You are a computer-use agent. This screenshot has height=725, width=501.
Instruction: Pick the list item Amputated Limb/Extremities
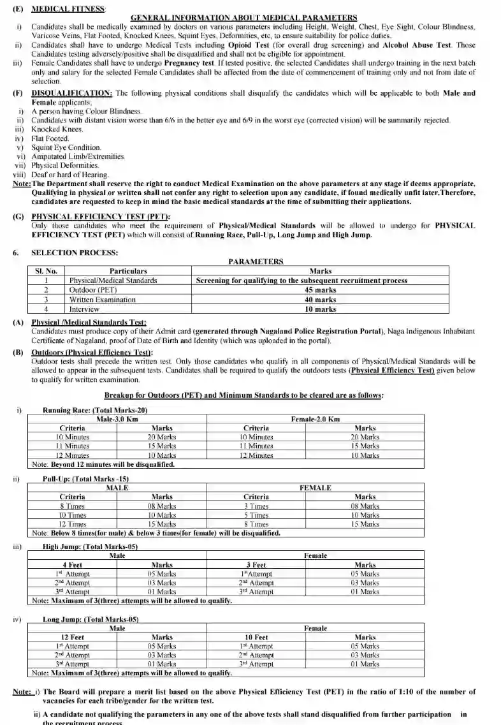click(78, 156)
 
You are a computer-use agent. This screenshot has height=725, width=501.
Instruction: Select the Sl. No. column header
click(46, 271)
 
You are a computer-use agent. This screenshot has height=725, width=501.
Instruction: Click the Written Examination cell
click(103, 299)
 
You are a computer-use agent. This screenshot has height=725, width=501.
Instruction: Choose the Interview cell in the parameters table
click(84, 309)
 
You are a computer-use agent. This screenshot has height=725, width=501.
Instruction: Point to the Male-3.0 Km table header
click(117, 419)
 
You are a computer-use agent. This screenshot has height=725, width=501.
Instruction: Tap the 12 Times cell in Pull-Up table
click(72, 524)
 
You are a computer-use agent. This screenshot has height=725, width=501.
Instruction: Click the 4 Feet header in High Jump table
click(72, 565)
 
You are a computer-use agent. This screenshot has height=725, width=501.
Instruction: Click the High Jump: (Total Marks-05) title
click(90, 546)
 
